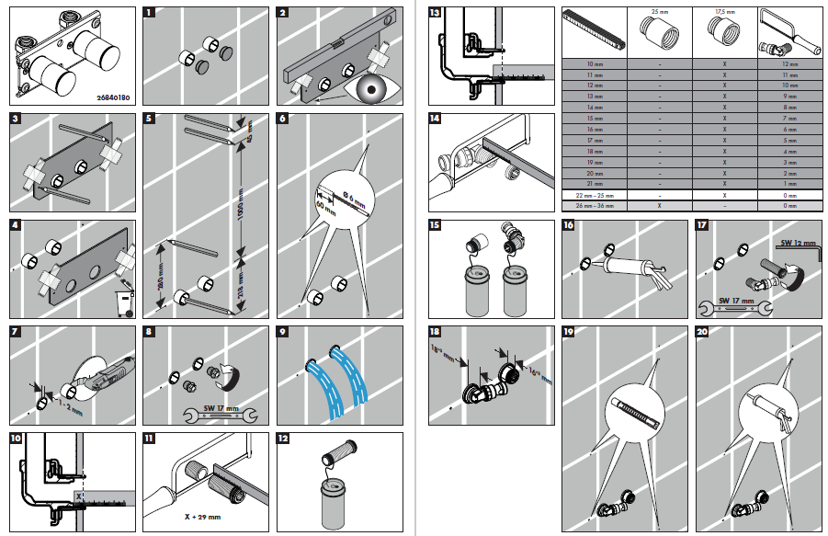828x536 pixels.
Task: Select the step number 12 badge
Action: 284,439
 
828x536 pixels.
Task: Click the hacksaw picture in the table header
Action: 783,33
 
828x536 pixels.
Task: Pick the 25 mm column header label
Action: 655,12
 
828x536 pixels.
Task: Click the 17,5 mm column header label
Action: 725,12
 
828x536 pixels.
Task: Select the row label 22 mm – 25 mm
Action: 594,197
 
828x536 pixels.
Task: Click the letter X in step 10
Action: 80,496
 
